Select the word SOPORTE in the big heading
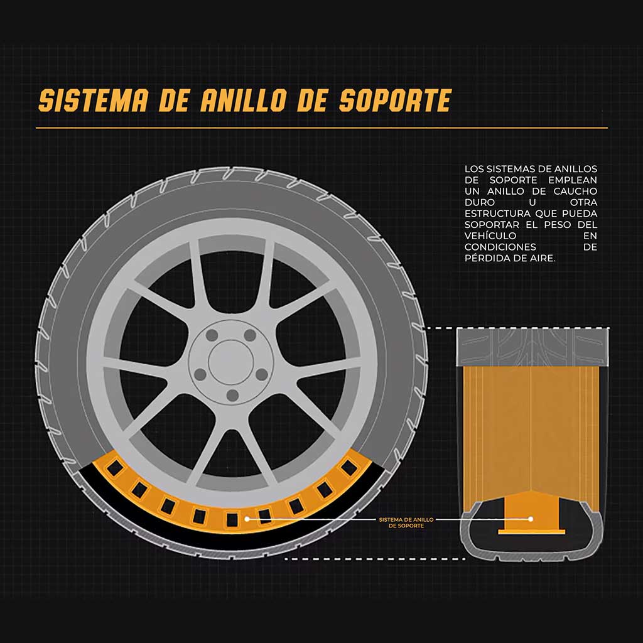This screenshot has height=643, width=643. (395, 101)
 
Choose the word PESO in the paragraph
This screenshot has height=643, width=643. (556, 224)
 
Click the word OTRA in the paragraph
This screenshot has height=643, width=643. (583, 202)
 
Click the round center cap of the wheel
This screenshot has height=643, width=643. (230, 360)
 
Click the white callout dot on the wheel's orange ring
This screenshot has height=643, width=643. (247, 519)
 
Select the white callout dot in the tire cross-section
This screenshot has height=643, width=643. (531, 519)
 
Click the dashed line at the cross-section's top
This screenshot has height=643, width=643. (440, 328)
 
